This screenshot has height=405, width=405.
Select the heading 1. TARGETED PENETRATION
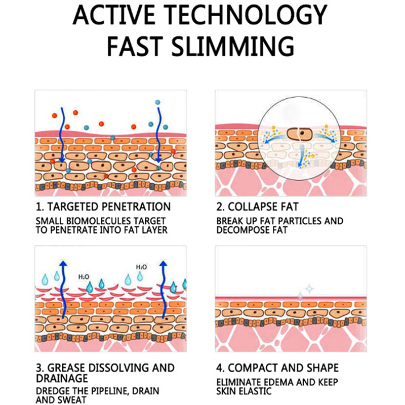(103, 207)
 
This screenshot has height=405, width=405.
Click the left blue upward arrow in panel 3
(62, 289)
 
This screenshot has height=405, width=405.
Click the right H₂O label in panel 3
(141, 267)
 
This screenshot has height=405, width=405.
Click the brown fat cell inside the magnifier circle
(299, 134)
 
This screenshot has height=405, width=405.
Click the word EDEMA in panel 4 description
(282, 382)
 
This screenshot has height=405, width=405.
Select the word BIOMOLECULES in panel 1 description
(92, 221)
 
